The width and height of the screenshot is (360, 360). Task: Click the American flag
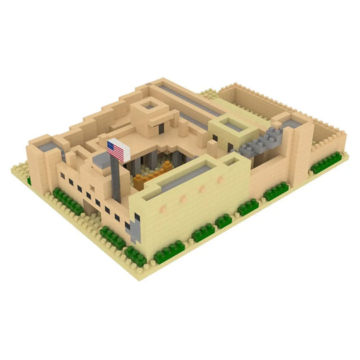118,150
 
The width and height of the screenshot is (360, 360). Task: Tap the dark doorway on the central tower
161,127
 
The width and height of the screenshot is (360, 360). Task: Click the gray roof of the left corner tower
45,144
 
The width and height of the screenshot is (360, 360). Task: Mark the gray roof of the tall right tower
291,120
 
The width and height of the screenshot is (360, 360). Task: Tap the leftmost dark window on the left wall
62,176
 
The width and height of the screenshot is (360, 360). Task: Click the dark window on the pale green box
231,146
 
